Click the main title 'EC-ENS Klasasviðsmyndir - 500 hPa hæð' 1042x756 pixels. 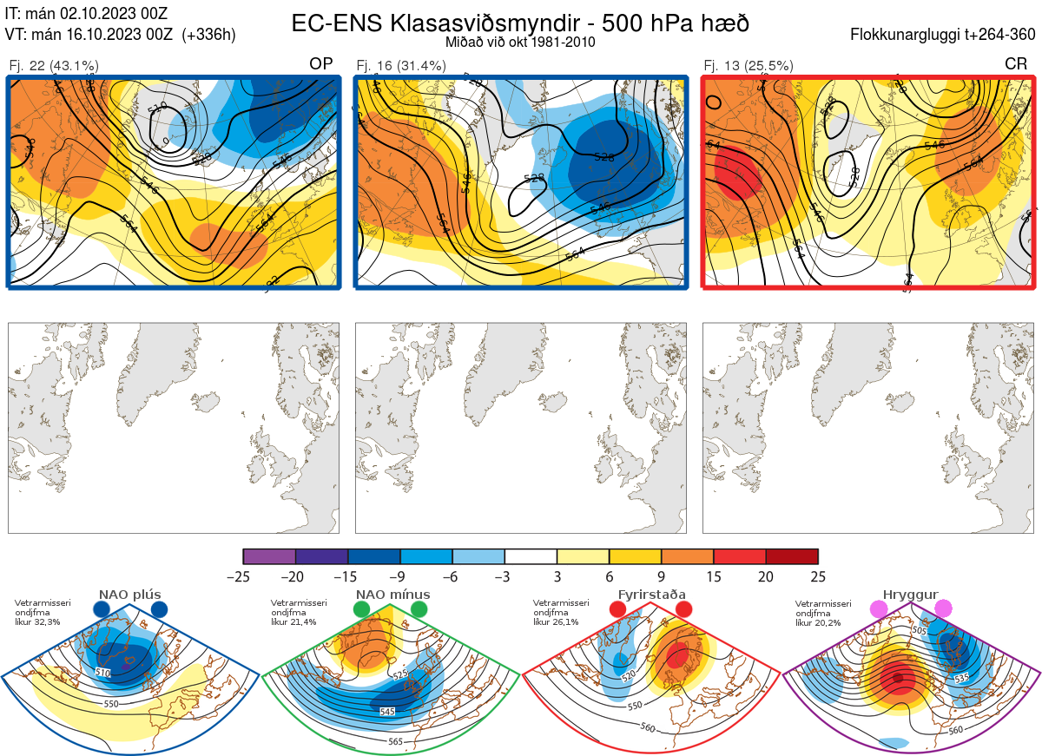pos(520,23)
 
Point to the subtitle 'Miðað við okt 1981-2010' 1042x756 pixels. pos(520,43)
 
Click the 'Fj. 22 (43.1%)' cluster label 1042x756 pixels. pos(54,65)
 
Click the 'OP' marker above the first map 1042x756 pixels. pos(321,64)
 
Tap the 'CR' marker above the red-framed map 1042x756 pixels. pos(1016,64)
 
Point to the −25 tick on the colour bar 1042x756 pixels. pos(243,576)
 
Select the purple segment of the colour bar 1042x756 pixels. pos(269,556)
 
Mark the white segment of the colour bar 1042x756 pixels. pos(531,556)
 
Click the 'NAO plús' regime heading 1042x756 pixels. pos(129,595)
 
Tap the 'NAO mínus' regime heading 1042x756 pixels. pos(392,595)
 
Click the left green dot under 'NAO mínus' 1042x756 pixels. pos(362,610)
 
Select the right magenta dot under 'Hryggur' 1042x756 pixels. pos(943,609)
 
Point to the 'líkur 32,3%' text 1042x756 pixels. pos(36,621)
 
